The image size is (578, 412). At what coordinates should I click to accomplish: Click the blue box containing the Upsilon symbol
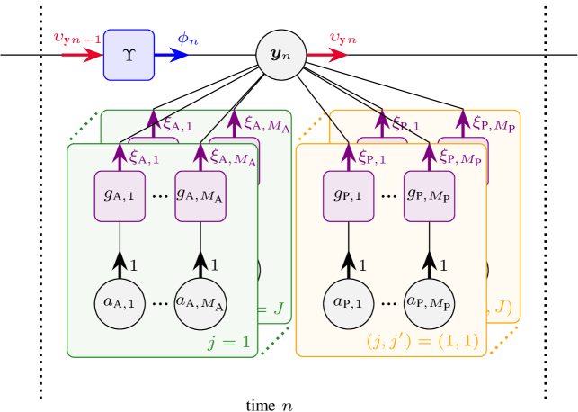(129, 55)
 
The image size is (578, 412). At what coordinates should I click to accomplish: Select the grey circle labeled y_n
(281, 55)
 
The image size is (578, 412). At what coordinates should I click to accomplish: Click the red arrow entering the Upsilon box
(82, 55)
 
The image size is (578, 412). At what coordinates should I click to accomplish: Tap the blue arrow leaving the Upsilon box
(172, 55)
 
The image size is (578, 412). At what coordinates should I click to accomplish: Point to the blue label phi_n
(188, 39)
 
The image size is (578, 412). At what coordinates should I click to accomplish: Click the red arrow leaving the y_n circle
(327, 55)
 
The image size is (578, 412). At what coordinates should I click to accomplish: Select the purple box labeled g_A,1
(120, 195)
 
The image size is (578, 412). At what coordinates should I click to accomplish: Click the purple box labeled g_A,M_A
(200, 195)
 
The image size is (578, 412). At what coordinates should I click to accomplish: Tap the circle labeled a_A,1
(120, 303)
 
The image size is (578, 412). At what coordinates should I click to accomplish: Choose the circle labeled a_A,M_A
(200, 303)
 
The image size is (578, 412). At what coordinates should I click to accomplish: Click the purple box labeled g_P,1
(348, 195)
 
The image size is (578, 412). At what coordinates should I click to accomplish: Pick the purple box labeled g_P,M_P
(429, 195)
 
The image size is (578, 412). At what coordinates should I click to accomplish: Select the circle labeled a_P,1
(348, 303)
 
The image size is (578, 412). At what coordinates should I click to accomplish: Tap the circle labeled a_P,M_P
(429, 303)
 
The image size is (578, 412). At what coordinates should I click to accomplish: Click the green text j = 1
(229, 342)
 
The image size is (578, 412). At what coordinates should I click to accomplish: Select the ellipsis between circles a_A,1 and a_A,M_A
(160, 304)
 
